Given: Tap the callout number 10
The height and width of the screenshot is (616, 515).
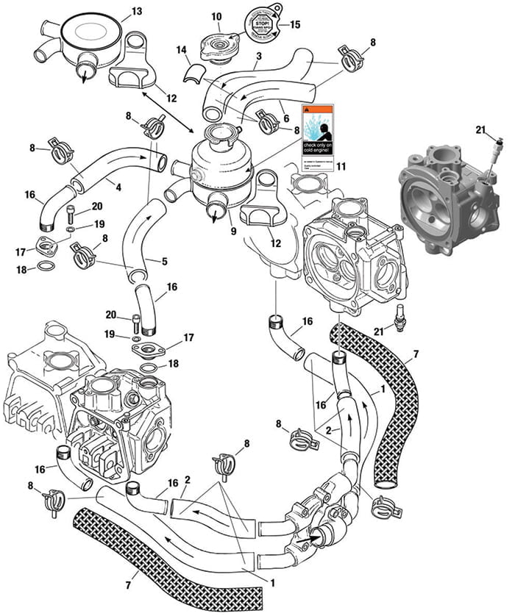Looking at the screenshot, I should [216, 16].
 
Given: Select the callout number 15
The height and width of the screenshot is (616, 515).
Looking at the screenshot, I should [295, 24].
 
